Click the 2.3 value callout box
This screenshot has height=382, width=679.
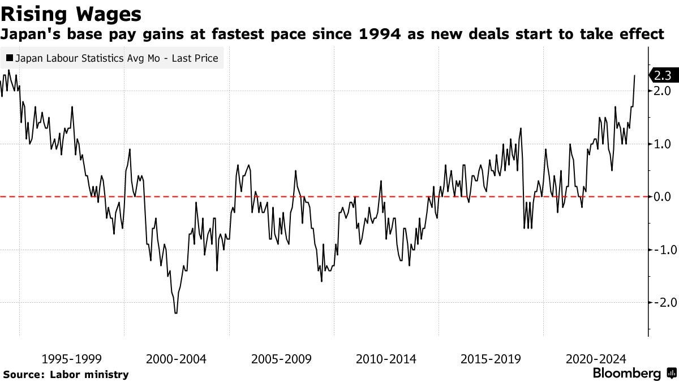tap(662, 75)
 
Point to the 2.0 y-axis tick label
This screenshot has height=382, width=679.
tap(662, 91)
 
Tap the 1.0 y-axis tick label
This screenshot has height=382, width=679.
tap(662, 144)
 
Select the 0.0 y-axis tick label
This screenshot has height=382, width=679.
tap(662, 197)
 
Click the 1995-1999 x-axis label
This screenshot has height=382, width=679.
tap(72, 359)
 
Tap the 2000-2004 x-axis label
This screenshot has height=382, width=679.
tap(176, 359)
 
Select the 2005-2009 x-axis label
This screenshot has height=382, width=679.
tap(281, 359)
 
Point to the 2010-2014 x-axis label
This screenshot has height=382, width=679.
tap(386, 359)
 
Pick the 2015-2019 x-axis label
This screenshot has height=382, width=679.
tap(491, 359)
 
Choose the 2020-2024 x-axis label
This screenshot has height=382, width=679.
tap(595, 359)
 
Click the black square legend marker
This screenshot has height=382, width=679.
tap(10, 58)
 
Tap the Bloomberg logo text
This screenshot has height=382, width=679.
tap(626, 374)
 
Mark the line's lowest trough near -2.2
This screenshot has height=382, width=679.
tap(176, 312)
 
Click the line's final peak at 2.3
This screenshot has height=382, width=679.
tap(635, 75)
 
